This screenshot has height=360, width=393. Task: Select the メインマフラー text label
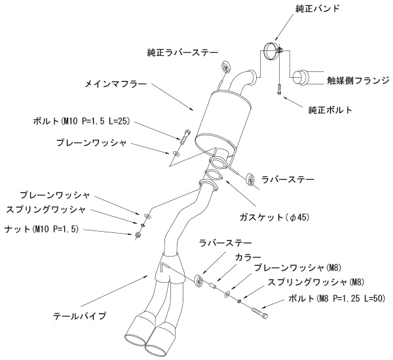(116, 85)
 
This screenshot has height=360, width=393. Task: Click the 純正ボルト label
(330, 110)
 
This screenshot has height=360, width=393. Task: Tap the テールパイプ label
(79, 316)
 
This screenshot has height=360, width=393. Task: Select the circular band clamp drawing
(271, 52)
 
